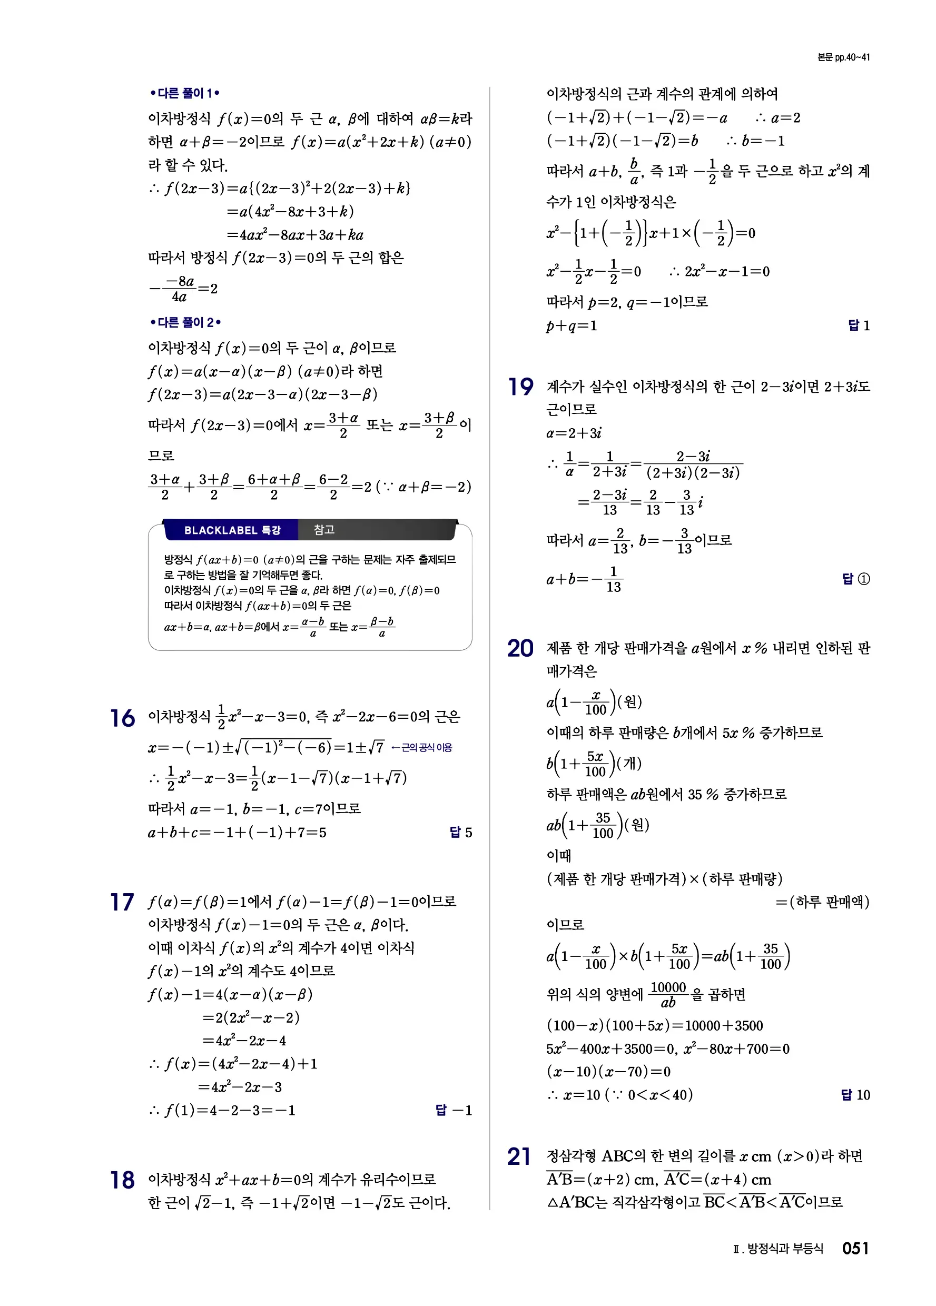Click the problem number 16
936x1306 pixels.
[122, 719]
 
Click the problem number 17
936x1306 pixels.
[122, 902]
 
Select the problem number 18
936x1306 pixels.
[122, 1180]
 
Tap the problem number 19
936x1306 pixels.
[520, 387]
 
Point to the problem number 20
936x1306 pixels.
[520, 648]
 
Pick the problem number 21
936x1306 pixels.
[519, 1156]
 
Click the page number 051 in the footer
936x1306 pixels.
[855, 1249]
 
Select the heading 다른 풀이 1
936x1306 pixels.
[184, 93]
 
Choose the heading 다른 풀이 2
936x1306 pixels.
[185, 322]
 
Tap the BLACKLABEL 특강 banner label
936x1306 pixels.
[232, 530]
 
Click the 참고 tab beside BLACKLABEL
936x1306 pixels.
[324, 530]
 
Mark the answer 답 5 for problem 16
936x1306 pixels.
[460, 832]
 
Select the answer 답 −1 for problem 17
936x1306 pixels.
[454, 1110]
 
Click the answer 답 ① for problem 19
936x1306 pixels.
[856, 579]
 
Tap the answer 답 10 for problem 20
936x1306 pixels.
[855, 1095]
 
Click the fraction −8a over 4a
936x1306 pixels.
[179, 289]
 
